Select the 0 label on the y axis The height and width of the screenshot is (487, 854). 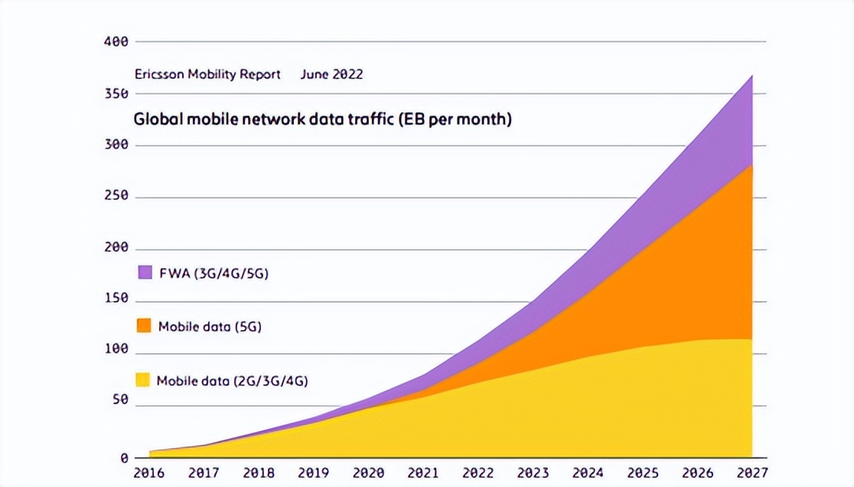coord(122,458)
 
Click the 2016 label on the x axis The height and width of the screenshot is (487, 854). coord(148,473)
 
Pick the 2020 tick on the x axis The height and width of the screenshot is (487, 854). coord(368,473)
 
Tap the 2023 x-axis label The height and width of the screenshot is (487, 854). coord(533,473)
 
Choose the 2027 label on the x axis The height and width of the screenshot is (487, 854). coord(751,473)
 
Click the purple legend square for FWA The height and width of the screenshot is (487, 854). coord(145,273)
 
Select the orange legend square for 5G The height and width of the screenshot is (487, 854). coord(143,325)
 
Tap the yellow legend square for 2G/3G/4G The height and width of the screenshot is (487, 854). coord(142,380)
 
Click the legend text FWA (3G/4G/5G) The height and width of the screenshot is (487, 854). coord(213,273)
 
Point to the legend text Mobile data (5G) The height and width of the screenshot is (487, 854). coord(210,327)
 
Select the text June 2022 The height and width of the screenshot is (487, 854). coord(331,74)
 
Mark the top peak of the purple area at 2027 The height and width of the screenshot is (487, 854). coord(751,76)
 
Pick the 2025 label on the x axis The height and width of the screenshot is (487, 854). coord(642,473)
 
